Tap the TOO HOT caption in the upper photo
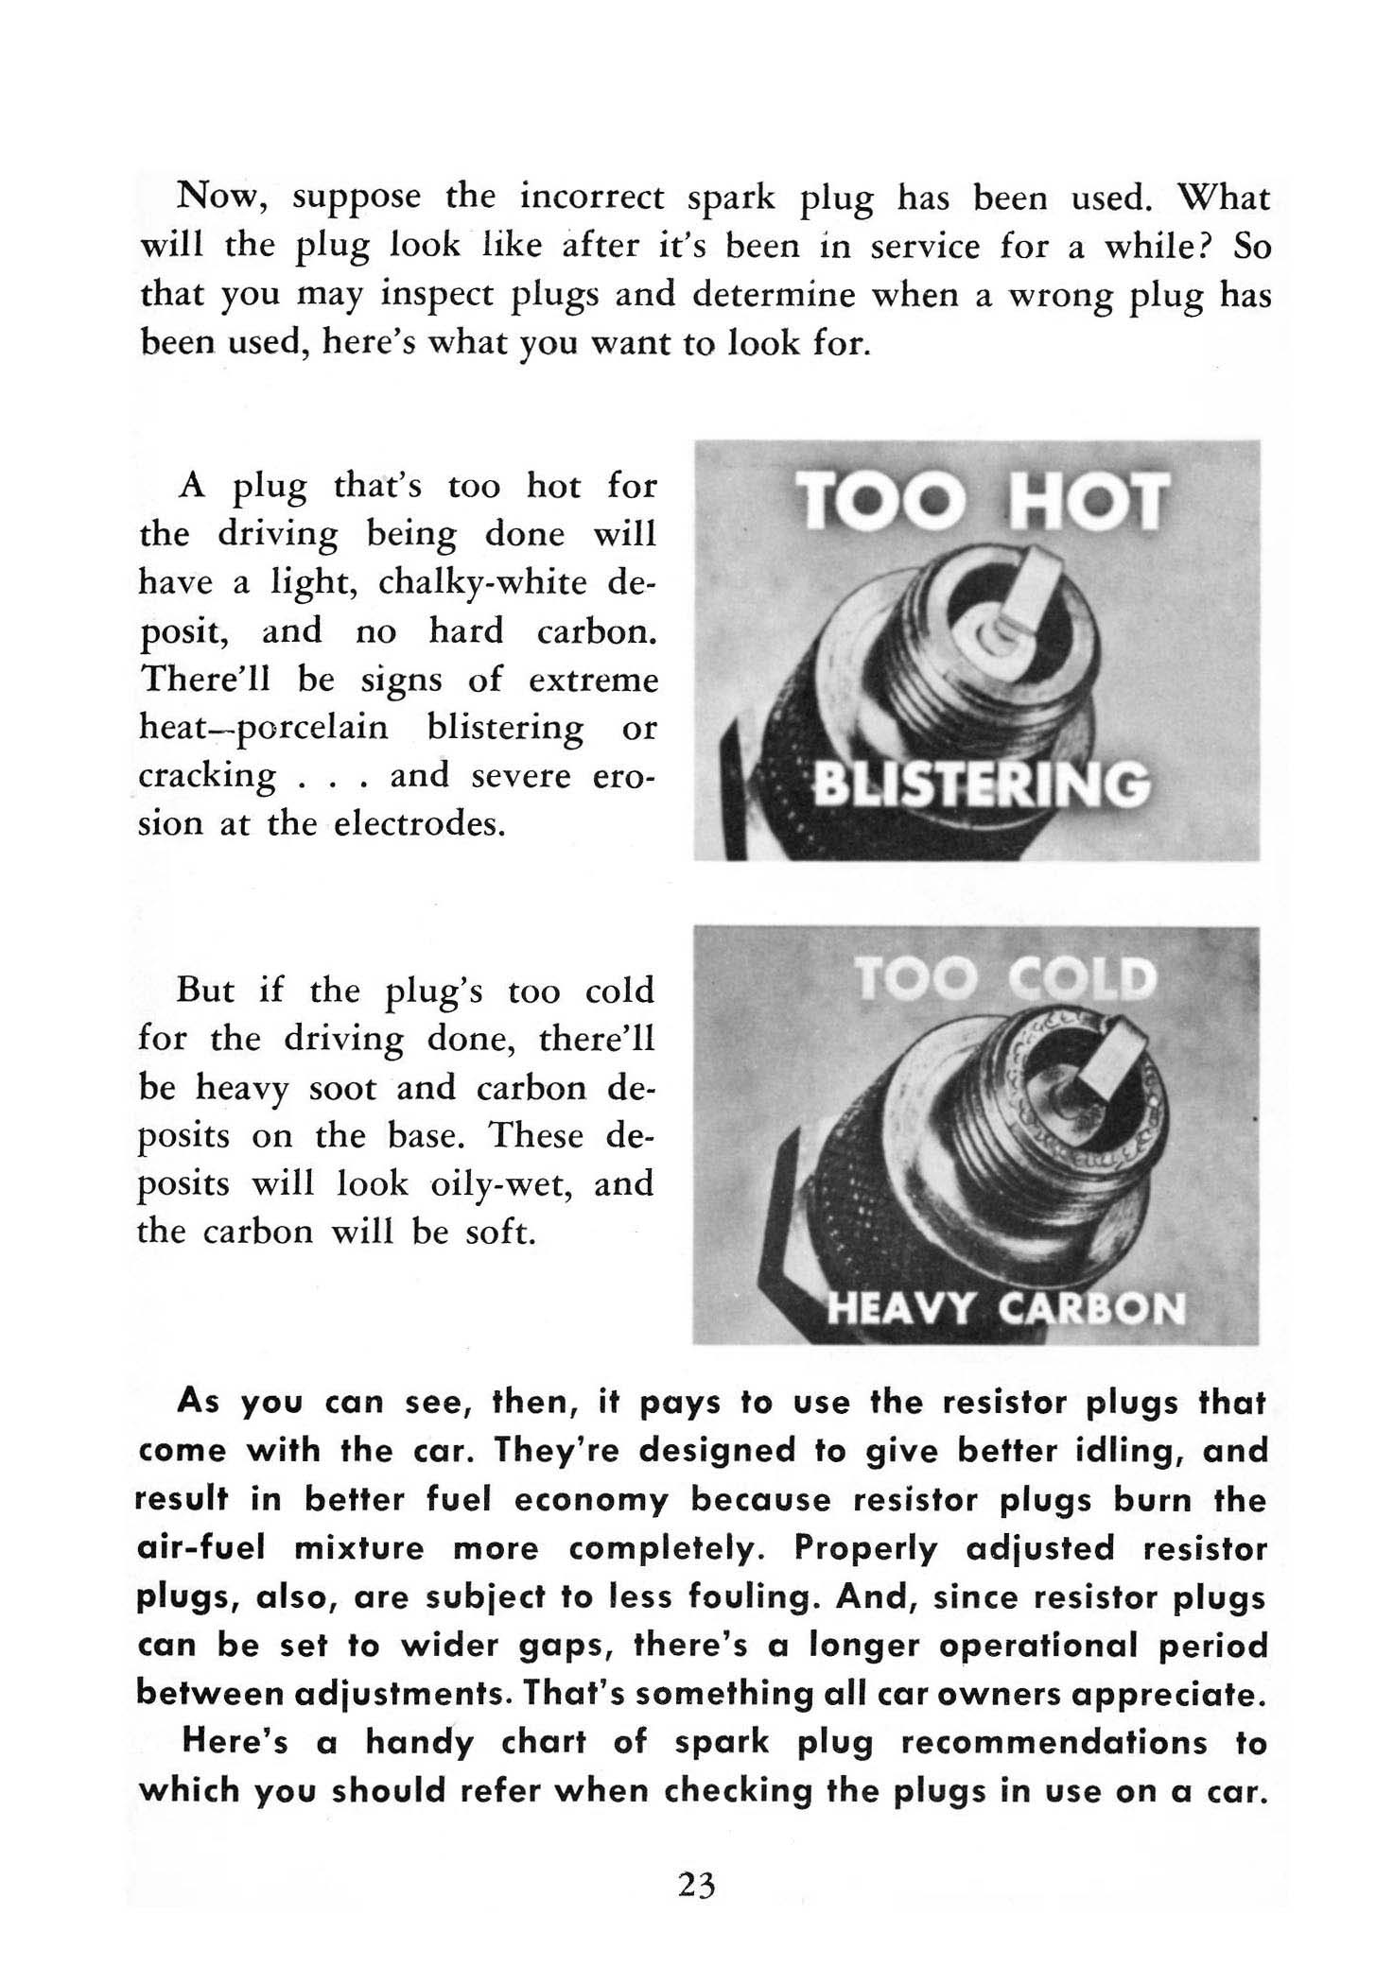pyautogui.click(x=978, y=501)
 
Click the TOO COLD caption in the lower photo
pyautogui.click(x=1004, y=980)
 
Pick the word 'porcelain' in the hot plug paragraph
pyautogui.click(x=322, y=728)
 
